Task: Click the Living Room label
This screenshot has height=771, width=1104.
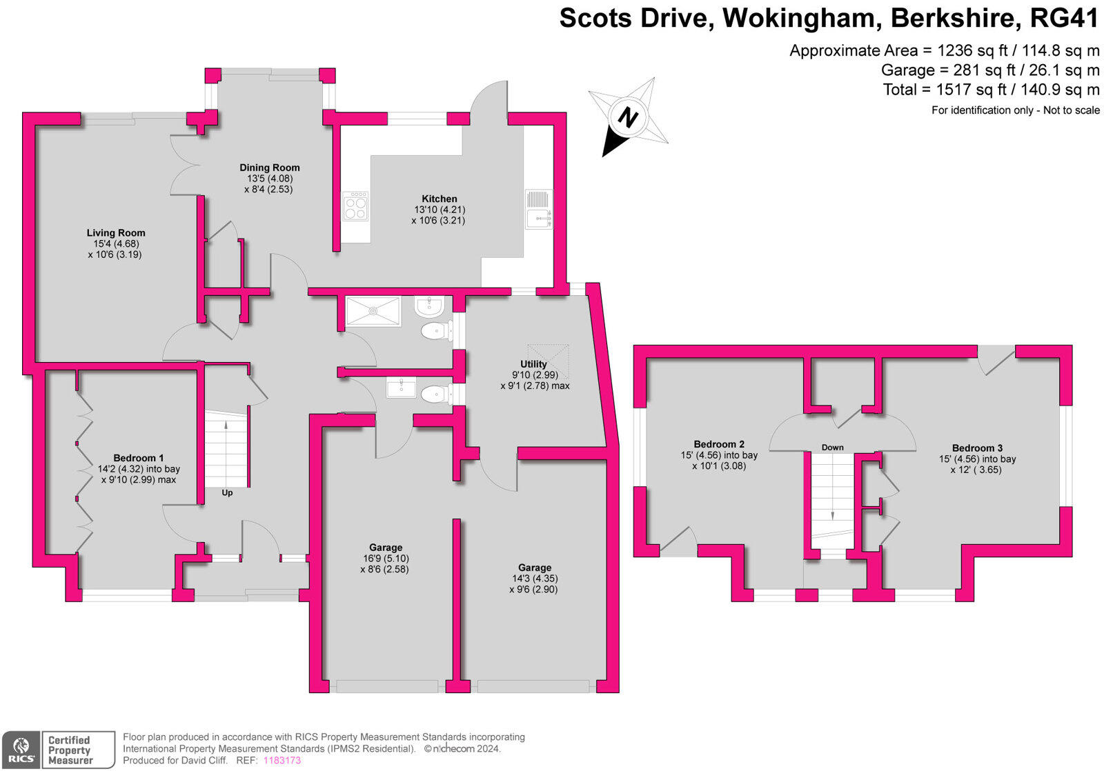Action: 116,233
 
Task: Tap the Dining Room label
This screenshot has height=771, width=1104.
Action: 270,168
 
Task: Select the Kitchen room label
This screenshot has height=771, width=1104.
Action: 440,199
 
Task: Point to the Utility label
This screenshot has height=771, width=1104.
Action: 533,364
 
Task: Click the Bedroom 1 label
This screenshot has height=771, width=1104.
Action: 139,458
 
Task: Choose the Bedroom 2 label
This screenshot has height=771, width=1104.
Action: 719,444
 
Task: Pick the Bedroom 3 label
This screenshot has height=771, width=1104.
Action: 977,448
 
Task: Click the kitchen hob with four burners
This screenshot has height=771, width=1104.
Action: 356,206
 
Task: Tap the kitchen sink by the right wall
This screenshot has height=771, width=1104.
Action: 538,209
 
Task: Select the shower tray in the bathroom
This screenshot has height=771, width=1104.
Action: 373,311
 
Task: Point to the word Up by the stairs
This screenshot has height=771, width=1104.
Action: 227,493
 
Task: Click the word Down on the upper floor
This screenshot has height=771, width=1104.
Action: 833,448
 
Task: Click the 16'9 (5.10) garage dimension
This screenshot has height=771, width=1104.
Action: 385,559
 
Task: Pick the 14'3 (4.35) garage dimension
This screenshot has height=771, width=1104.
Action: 535,579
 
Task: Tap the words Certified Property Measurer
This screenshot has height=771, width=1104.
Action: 70,750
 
